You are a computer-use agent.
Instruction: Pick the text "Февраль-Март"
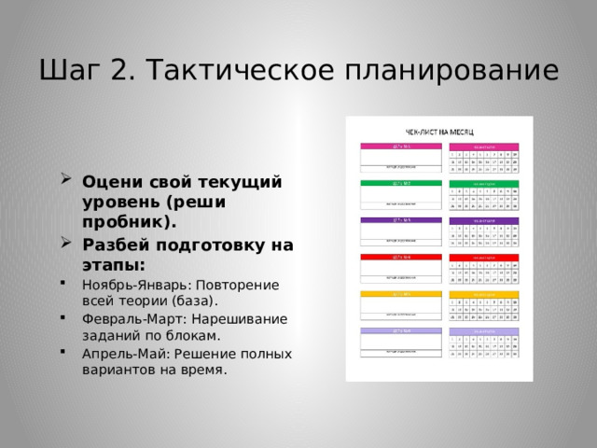[x=127, y=319]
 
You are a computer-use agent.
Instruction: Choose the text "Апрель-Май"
[x=118, y=354]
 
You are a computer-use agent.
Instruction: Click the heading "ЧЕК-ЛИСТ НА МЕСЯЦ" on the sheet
[x=438, y=133]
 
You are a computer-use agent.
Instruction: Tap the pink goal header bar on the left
[x=388, y=147]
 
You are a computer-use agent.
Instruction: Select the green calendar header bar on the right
[x=484, y=183]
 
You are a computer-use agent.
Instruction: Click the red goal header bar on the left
[x=388, y=257]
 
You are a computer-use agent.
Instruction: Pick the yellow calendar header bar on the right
[x=484, y=293]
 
